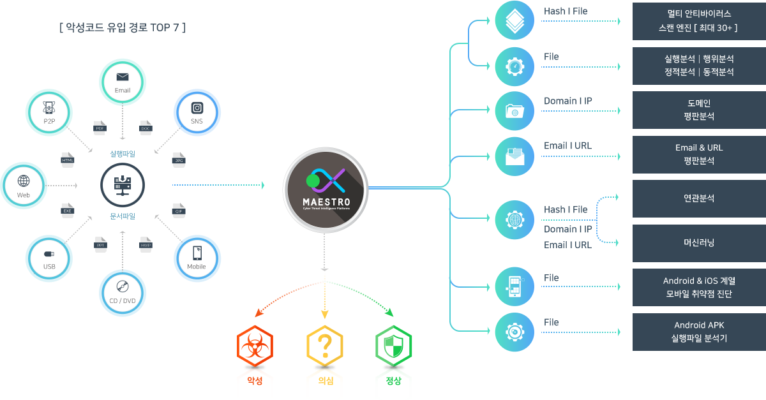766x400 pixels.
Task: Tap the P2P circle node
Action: (x=49, y=113)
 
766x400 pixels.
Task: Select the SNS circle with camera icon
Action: (x=197, y=113)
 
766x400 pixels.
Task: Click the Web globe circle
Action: (x=24, y=186)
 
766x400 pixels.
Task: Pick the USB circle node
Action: (x=49, y=258)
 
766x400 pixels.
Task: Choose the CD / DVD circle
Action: (x=123, y=293)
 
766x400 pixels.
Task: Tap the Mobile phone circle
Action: (x=197, y=258)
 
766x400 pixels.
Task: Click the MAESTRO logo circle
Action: (x=326, y=188)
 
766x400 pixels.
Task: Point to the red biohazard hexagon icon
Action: (x=255, y=346)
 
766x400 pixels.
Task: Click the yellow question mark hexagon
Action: (x=325, y=346)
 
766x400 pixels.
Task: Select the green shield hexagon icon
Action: (x=394, y=346)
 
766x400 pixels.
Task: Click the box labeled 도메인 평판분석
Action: (x=699, y=110)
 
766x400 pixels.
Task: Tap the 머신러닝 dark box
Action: (x=699, y=243)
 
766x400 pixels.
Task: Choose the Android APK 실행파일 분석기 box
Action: (x=699, y=332)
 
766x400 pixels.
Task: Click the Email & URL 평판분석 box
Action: (x=699, y=154)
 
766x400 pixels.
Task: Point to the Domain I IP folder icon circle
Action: (x=514, y=111)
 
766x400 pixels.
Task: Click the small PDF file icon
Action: (x=100, y=126)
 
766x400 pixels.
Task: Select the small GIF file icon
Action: (x=179, y=210)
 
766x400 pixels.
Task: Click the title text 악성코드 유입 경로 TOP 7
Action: (x=121, y=28)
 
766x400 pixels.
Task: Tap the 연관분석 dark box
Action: (x=699, y=198)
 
